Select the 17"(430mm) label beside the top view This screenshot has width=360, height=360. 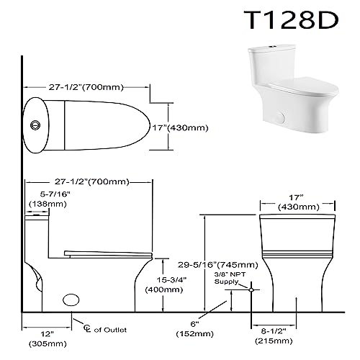199,127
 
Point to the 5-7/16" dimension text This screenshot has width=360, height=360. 45,194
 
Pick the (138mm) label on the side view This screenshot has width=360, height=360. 45,205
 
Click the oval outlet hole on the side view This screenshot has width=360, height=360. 72,298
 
